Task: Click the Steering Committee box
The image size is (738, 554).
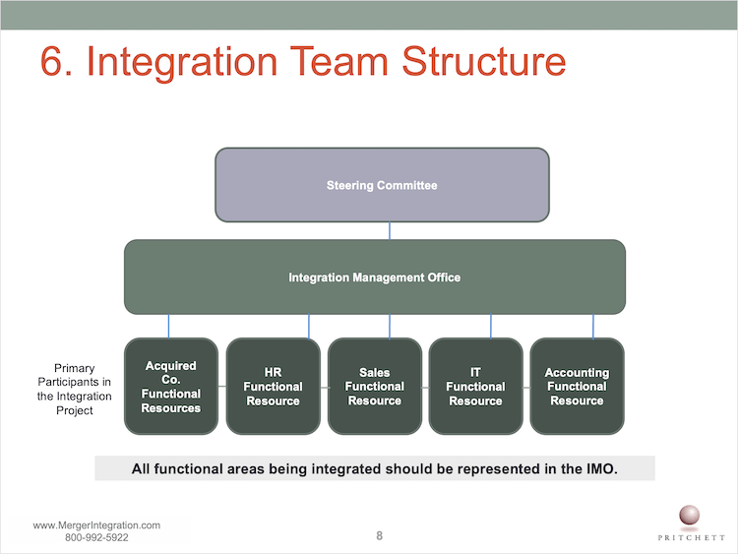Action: (x=382, y=185)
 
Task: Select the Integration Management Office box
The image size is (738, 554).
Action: (x=375, y=277)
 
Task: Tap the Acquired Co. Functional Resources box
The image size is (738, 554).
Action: (x=171, y=386)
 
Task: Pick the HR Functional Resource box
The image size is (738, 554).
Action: (x=273, y=386)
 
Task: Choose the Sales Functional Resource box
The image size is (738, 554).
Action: (x=375, y=386)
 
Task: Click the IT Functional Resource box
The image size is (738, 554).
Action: (x=476, y=386)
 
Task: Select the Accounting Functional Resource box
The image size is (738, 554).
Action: (x=577, y=386)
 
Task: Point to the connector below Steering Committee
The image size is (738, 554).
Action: (x=390, y=231)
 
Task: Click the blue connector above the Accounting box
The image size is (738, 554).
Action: (x=593, y=327)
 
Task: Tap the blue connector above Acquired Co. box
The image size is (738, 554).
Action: (x=168, y=326)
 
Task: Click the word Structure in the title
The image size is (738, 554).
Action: (x=484, y=61)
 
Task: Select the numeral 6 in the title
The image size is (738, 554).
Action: (x=51, y=61)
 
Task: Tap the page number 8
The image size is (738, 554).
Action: (x=380, y=535)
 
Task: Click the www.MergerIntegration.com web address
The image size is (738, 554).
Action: (x=96, y=525)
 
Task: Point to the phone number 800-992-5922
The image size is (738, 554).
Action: (x=96, y=537)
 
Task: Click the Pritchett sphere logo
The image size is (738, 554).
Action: (x=689, y=516)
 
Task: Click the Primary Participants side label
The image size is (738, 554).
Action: (x=75, y=389)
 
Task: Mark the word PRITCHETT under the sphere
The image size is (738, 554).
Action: (x=692, y=537)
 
